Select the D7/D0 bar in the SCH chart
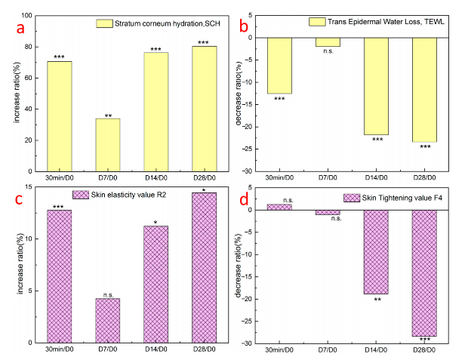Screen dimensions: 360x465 (108, 145)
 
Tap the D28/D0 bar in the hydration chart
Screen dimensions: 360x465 (204, 109)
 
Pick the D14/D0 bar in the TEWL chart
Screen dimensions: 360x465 (376, 85)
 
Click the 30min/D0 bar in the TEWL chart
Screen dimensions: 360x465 (279, 65)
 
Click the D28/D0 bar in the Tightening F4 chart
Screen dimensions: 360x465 (424, 272)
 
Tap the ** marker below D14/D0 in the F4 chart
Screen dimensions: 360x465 (376, 300)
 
